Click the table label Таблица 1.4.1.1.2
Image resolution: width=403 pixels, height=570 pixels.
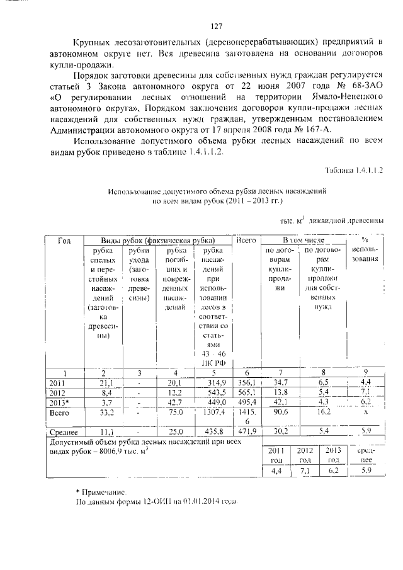coord(353,171)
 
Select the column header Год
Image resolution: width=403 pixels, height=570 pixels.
coord(64,241)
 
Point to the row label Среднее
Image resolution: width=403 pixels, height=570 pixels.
coord(63,432)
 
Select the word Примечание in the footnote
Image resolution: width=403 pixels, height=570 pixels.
coord(104,490)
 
